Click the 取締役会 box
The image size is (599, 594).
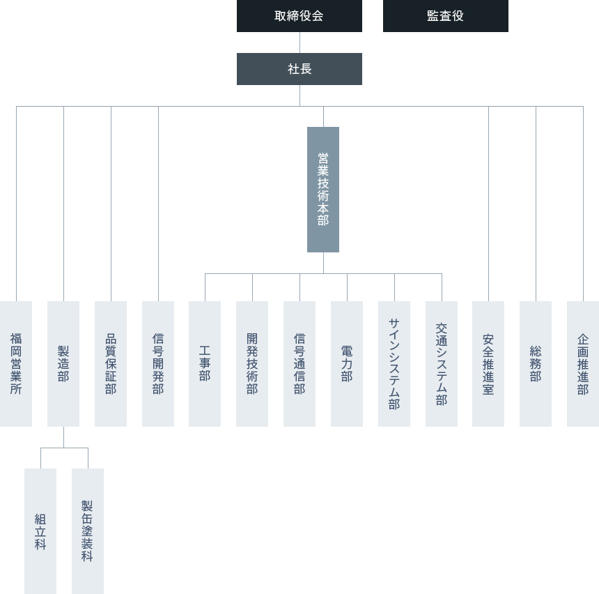pyautogui.click(x=299, y=15)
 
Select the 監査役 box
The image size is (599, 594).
pyautogui.click(x=446, y=15)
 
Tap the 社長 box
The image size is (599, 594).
pyautogui.click(x=299, y=69)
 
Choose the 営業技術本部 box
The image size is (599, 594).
pyautogui.click(x=323, y=190)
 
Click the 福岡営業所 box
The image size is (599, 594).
pyautogui.click(x=16, y=364)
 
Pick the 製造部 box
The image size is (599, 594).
pyautogui.click(x=63, y=364)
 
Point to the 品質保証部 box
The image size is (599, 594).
pyautogui.click(x=111, y=364)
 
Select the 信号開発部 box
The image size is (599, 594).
pyautogui.click(x=158, y=364)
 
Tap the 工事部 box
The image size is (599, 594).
pyautogui.click(x=205, y=364)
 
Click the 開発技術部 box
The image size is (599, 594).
pyautogui.click(x=252, y=364)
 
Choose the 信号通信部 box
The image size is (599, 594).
pyautogui.click(x=299, y=364)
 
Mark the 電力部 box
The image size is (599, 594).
pyautogui.click(x=347, y=364)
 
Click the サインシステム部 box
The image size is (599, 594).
pyautogui.click(x=394, y=364)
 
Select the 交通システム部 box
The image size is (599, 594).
pyautogui.click(x=442, y=364)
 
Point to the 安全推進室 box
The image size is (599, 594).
pyautogui.click(x=488, y=364)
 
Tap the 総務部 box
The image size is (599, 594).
pyautogui.click(x=536, y=364)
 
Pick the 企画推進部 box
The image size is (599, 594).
pyautogui.click(x=583, y=364)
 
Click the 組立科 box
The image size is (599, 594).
pyautogui.click(x=40, y=531)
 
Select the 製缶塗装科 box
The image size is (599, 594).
pyautogui.click(x=88, y=531)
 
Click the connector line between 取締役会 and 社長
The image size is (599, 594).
pyautogui.click(x=299, y=43)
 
